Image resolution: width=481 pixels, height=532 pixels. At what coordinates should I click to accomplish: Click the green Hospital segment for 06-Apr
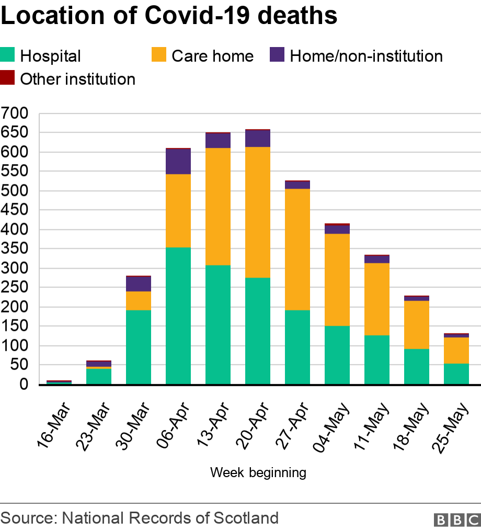[x=178, y=316]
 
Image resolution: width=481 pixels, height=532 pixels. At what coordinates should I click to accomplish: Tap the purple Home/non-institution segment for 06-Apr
[x=178, y=161]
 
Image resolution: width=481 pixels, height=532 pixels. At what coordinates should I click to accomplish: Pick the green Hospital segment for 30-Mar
[x=138, y=347]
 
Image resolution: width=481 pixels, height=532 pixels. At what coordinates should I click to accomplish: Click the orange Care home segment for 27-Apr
[x=297, y=249]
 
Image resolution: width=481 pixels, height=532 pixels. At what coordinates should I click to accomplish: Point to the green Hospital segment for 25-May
[x=456, y=374]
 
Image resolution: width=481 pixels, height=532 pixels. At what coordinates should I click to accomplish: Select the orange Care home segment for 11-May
[x=376, y=299]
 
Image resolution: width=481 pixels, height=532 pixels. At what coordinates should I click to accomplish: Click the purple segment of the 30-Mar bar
[x=138, y=284]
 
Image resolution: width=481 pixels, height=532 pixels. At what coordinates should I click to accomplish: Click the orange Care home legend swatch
[x=159, y=55]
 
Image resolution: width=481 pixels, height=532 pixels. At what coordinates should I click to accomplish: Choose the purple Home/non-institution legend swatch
[x=277, y=55]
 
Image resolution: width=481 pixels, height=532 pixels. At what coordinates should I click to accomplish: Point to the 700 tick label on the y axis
[x=18, y=113]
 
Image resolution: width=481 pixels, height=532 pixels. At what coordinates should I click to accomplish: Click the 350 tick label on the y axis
[x=18, y=249]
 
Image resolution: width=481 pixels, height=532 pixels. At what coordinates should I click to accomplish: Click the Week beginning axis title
[x=258, y=472]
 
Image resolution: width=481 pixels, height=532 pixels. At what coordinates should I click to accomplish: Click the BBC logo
[x=456, y=519]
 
